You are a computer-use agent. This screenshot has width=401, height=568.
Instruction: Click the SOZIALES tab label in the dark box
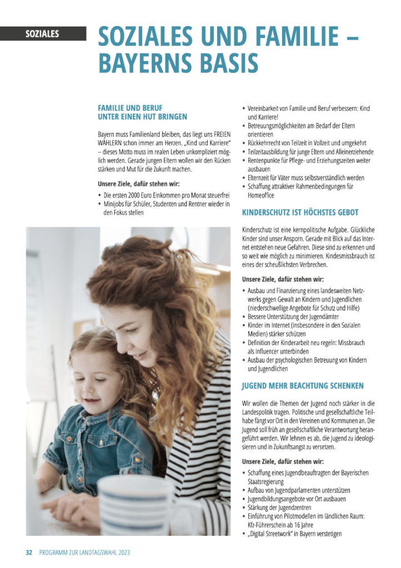(x=42, y=34)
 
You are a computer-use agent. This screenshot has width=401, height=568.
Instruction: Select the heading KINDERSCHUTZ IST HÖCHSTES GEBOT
(x=300, y=212)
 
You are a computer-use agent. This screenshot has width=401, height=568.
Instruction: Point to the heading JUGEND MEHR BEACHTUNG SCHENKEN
(x=303, y=386)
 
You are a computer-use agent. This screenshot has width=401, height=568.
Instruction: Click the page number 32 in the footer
(x=29, y=552)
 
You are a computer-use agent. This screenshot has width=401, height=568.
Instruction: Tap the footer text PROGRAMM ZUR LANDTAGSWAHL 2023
(x=84, y=552)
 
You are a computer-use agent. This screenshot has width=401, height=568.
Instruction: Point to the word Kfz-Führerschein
(x=274, y=525)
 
